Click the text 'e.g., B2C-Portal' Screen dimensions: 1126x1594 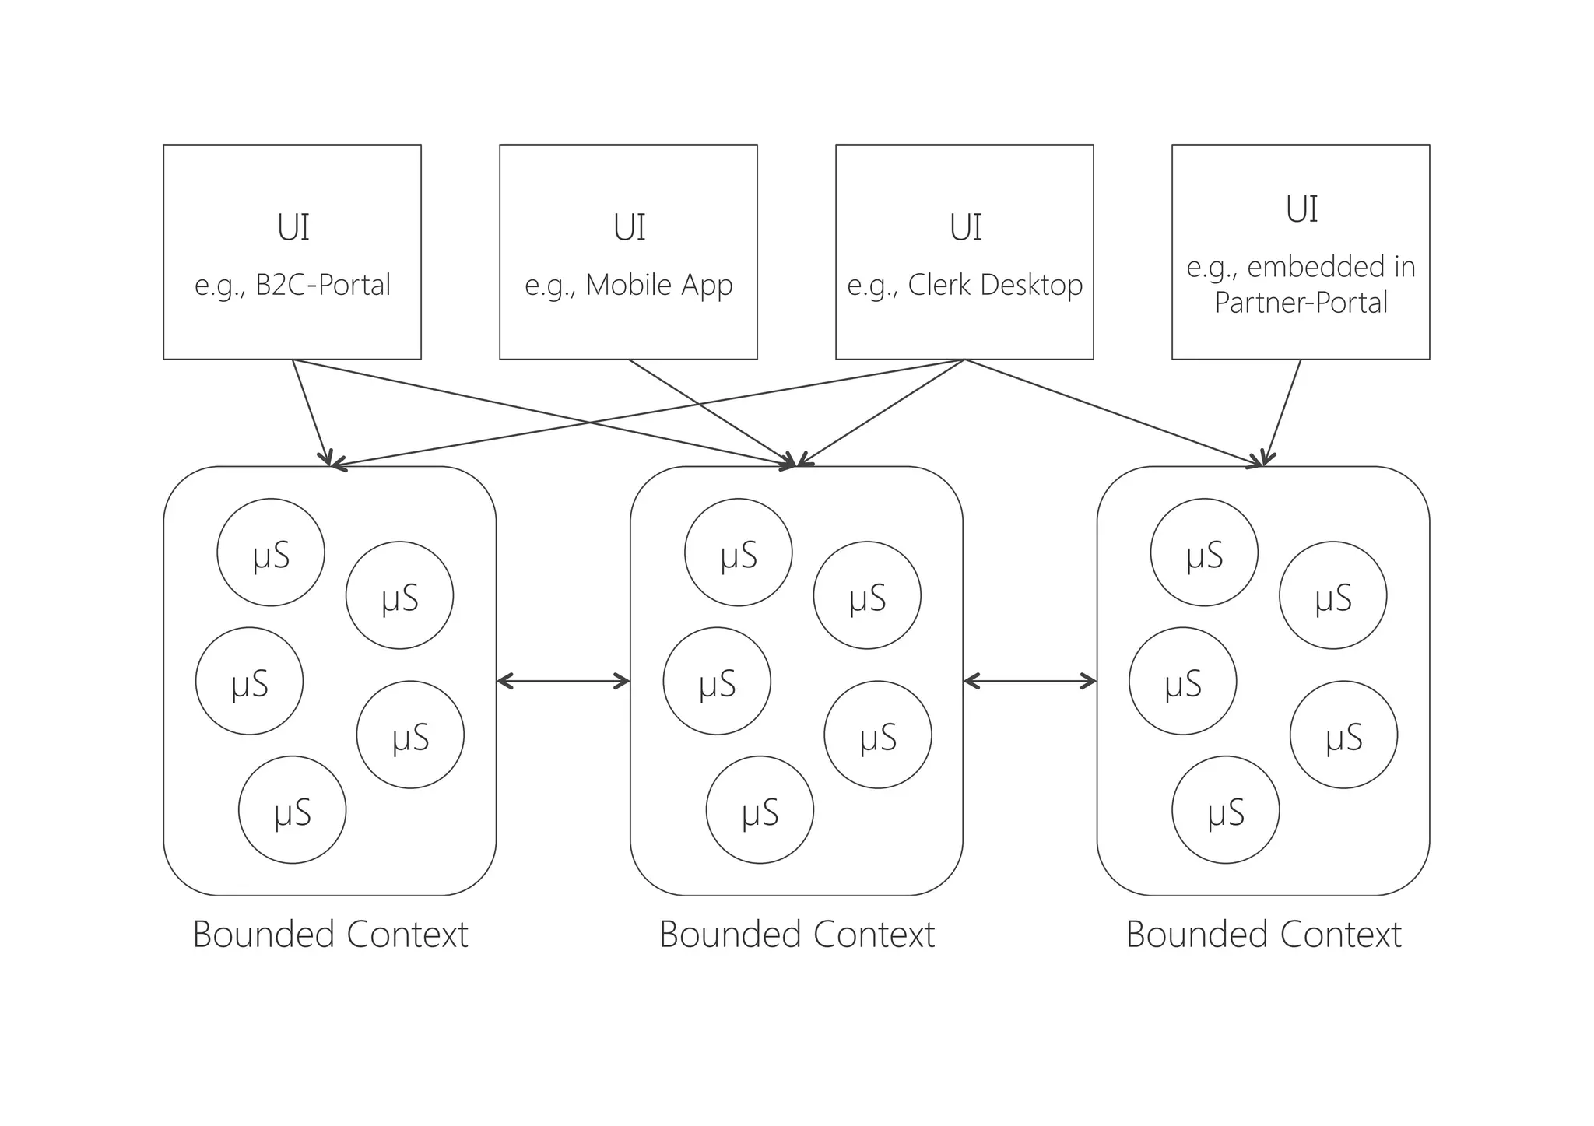292,285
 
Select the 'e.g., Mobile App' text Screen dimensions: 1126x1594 628,285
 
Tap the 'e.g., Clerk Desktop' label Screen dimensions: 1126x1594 964,285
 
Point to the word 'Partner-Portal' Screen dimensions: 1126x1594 1301,303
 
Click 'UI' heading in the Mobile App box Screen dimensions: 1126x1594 629,228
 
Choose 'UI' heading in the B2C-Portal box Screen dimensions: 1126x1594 293,228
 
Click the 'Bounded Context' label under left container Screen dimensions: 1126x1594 330,935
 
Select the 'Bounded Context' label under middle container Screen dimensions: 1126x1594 797,935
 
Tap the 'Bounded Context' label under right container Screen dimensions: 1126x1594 1263,935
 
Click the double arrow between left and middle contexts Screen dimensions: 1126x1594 563,682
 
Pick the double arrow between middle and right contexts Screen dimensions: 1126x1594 1030,682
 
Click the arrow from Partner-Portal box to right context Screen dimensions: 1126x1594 1283,412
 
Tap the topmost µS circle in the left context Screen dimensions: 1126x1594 271,552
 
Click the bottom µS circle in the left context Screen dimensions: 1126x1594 292,810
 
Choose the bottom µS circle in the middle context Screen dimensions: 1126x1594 760,810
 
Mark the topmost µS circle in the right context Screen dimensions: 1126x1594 1204,552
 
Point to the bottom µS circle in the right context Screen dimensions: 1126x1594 1226,810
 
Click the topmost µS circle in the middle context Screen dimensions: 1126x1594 739,552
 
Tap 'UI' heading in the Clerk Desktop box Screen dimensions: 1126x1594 965,228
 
